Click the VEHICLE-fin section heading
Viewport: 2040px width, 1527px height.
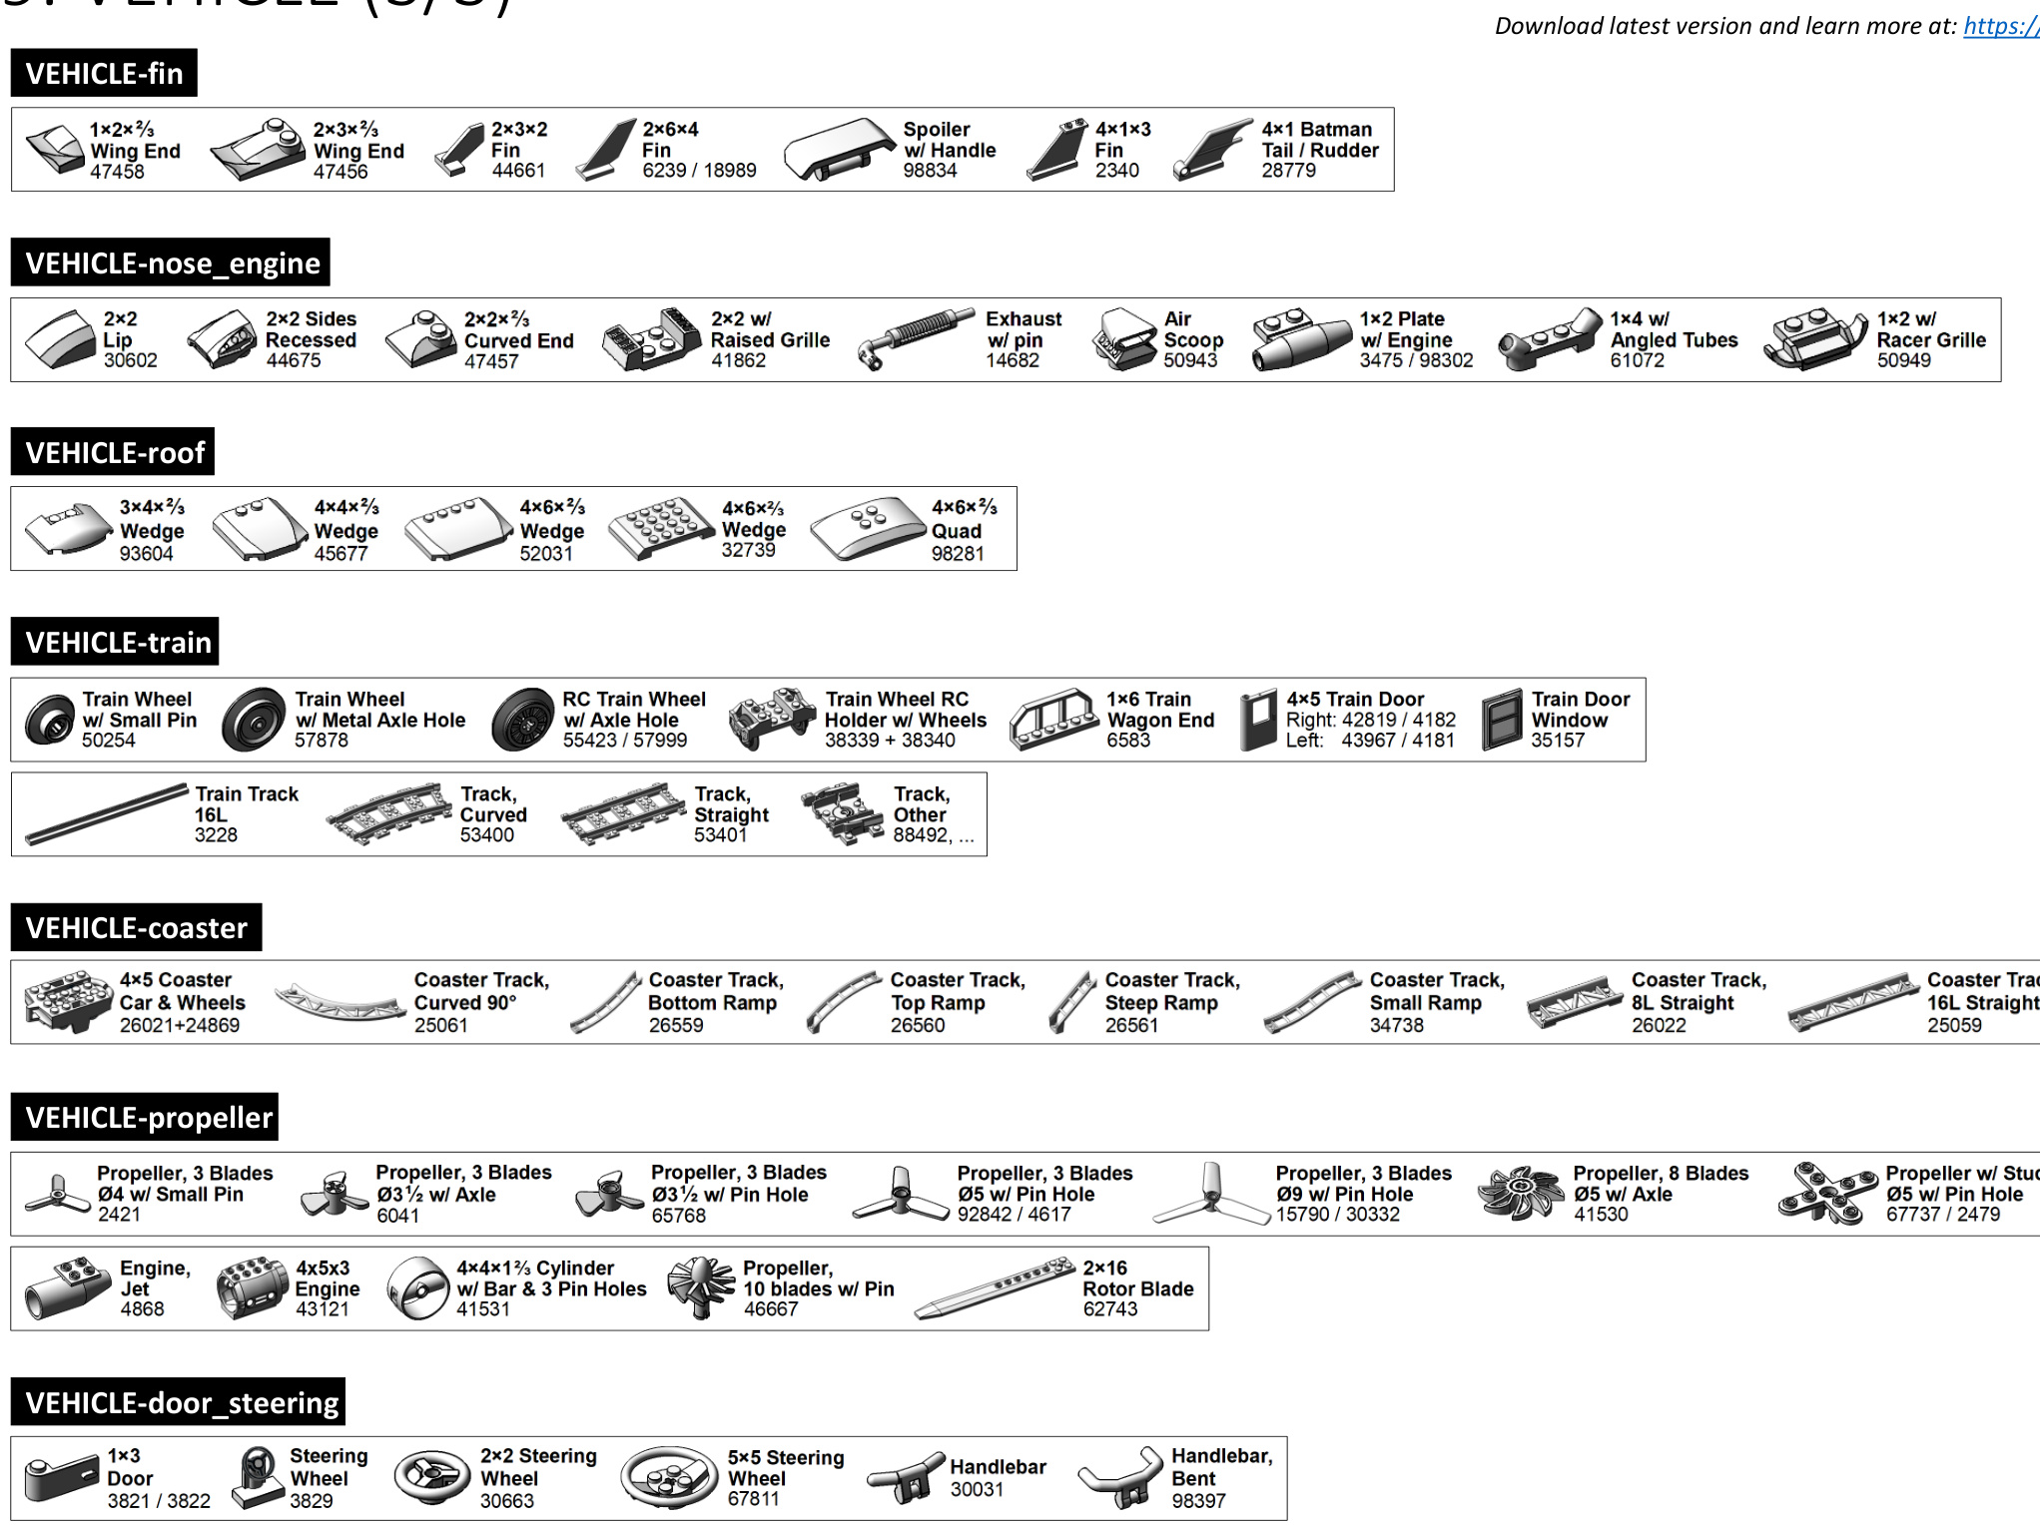point(104,73)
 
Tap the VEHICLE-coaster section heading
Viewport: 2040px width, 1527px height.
point(136,927)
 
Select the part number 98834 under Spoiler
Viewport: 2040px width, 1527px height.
point(930,171)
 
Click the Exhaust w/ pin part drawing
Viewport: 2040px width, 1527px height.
point(915,338)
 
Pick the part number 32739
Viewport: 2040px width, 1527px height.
point(748,550)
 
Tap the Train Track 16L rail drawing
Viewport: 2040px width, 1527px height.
point(106,814)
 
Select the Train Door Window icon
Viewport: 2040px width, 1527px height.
point(1501,720)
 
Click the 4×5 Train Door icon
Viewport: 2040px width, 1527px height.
point(1258,720)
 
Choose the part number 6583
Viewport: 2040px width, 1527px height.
point(1128,741)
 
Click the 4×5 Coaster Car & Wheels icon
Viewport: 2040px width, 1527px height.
point(68,1001)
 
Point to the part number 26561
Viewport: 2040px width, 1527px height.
point(1131,1025)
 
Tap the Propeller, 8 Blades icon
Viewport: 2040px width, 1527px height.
point(1519,1193)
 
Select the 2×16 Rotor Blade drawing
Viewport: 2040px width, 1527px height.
point(995,1288)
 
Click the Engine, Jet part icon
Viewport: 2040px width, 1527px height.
point(66,1288)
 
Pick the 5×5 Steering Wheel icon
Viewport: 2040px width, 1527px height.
point(668,1477)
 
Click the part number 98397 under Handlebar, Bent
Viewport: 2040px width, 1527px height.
point(1197,1500)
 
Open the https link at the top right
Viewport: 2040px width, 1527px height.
point(2000,26)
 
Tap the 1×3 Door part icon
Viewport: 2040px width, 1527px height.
point(60,1478)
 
